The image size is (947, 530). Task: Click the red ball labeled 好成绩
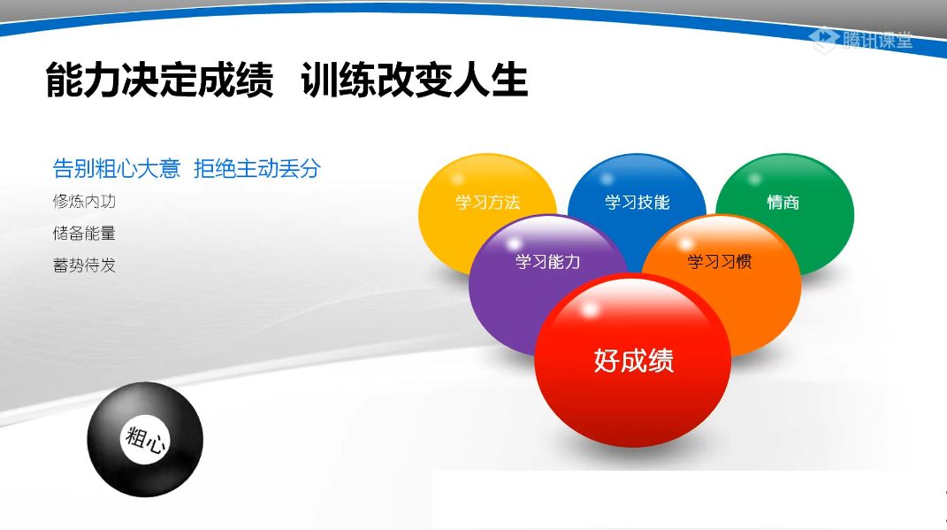pyautogui.click(x=633, y=372)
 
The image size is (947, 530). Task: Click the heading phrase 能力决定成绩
pyautogui.click(x=159, y=81)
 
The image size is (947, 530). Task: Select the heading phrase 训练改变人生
pyautogui.click(x=414, y=81)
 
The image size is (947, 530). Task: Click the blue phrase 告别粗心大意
pyautogui.click(x=117, y=168)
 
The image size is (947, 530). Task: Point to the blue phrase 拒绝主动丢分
pyautogui.click(x=256, y=168)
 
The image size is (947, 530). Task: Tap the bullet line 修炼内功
pyautogui.click(x=84, y=202)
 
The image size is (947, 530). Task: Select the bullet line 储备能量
pyautogui.click(x=84, y=234)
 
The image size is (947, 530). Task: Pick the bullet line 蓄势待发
pyautogui.click(x=84, y=265)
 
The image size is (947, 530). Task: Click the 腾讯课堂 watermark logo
pyautogui.click(x=861, y=39)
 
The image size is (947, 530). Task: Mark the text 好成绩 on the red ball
pyautogui.click(x=633, y=361)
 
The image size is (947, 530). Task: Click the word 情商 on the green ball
pyautogui.click(x=783, y=203)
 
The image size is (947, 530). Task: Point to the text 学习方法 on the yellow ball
pyautogui.click(x=487, y=203)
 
